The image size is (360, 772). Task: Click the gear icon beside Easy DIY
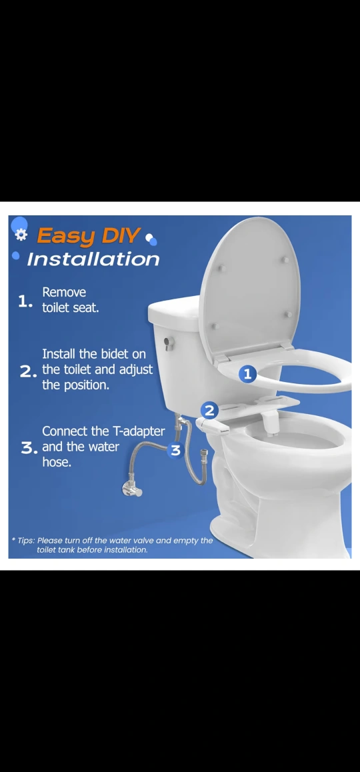21,235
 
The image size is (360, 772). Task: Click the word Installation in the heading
93,259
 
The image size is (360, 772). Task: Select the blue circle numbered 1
248,374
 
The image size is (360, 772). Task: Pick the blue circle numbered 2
209,410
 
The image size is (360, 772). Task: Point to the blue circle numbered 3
176,449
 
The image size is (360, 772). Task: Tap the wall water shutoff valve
131,489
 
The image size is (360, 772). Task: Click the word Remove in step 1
64,293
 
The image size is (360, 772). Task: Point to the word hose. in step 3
57,462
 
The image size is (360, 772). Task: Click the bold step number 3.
28,448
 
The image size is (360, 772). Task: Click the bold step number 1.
25,302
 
